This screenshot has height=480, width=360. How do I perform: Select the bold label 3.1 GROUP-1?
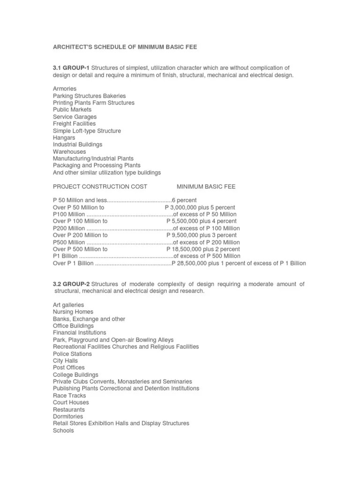[71, 68]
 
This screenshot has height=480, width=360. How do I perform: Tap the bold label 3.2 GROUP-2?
[71, 284]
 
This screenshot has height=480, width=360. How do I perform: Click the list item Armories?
[65, 89]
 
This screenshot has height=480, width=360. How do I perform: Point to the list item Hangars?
[64, 138]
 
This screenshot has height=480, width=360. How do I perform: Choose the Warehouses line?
[69, 152]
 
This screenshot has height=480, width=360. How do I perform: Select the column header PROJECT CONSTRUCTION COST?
[100, 187]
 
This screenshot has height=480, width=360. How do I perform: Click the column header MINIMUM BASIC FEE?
[206, 187]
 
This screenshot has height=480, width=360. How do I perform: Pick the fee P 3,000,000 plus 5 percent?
[200, 207]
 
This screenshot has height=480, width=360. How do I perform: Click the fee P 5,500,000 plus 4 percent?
[202, 221]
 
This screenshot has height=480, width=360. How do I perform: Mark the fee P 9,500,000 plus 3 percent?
[202, 235]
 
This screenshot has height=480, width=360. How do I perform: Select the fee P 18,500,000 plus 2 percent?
[203, 249]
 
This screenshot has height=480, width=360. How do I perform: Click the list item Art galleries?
[68, 305]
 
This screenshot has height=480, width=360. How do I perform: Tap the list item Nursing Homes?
[73, 312]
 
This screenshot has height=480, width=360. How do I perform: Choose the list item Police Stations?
[72, 354]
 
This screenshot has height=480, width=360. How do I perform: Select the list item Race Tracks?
[69, 396]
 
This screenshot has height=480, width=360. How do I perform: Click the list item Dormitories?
[68, 416]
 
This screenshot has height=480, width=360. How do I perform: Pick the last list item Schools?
[63, 430]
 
